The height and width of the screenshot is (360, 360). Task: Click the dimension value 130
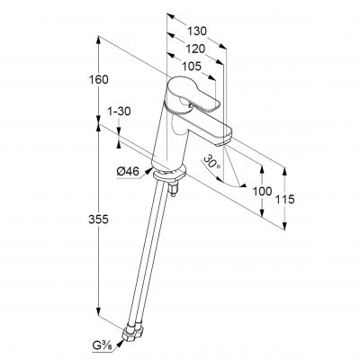[x=197, y=31]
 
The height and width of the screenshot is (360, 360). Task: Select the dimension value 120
[x=195, y=49]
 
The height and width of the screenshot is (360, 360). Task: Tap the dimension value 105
[x=192, y=67]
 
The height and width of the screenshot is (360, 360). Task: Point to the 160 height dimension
[x=98, y=80]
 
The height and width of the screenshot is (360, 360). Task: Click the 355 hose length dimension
[x=98, y=220]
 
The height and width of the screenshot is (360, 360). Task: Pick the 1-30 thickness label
[x=119, y=112]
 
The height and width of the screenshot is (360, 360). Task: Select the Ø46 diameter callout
[x=128, y=172]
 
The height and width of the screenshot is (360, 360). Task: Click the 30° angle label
[x=211, y=162]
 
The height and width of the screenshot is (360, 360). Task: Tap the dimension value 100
[x=262, y=191]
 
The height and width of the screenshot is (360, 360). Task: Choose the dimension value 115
[x=285, y=199]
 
